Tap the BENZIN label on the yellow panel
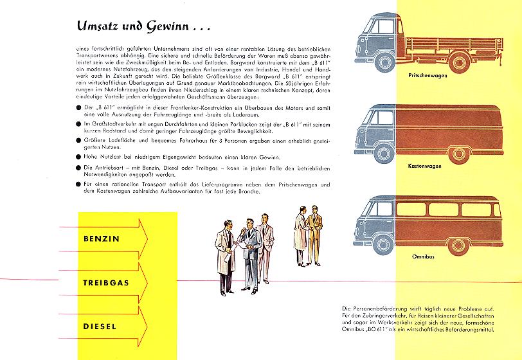pyautogui.click(x=102, y=239)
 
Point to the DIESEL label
pyautogui.click(x=100, y=327)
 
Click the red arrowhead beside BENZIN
pyautogui.click(x=145, y=239)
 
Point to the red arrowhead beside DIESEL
pyautogui.click(x=145, y=327)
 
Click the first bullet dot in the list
pyautogui.click(x=78, y=105)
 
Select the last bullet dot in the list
pyautogui.click(x=78, y=184)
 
